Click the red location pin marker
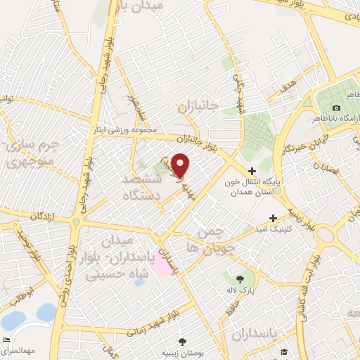180,165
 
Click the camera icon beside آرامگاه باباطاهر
337,108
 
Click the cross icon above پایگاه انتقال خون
252,171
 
